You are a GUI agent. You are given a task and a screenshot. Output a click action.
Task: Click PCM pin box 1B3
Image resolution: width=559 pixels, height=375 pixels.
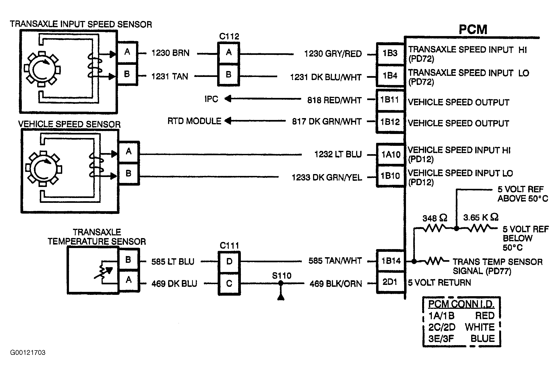coord(390,54)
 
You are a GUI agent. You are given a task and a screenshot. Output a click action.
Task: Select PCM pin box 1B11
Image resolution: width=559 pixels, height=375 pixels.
coord(390,100)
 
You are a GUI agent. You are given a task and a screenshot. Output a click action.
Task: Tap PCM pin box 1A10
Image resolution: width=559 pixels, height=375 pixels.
coord(391,154)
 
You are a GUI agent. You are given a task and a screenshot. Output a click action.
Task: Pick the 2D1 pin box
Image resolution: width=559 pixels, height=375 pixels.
coord(390,282)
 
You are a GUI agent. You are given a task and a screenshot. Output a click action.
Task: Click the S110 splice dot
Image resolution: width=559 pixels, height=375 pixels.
coord(281,283)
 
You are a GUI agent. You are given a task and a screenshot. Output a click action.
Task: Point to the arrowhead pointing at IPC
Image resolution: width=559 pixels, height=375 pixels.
coord(228,99)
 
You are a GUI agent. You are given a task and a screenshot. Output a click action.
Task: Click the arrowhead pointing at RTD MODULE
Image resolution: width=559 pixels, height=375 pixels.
coord(228,121)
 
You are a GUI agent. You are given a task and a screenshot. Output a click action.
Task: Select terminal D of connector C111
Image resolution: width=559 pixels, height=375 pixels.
coord(229,261)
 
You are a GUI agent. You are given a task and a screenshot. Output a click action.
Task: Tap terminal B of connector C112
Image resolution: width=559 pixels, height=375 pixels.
coord(228,75)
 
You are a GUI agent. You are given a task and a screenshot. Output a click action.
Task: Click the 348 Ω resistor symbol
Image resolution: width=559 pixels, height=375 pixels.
coord(435,228)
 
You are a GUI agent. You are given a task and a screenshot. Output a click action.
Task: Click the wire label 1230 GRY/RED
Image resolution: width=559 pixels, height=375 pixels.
coord(333,54)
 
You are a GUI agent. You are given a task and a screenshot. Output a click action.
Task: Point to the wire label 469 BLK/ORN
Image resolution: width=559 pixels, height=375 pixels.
coord(336,284)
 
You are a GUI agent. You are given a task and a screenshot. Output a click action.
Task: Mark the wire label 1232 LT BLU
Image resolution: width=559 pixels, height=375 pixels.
coord(338,154)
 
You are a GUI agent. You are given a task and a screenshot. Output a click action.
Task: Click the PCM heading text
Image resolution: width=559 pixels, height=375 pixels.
coord(473,30)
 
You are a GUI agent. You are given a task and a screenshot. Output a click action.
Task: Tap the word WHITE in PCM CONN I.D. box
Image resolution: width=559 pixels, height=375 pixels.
coord(480,327)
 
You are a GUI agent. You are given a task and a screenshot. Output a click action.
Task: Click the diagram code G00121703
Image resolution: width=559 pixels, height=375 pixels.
coord(28,352)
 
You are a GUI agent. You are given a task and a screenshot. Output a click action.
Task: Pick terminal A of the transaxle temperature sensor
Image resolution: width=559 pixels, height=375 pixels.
coord(129,280)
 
